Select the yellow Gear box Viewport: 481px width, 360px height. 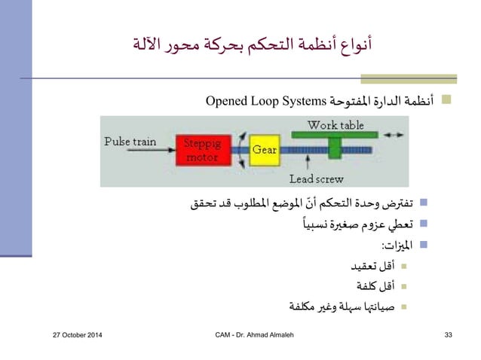click(263, 150)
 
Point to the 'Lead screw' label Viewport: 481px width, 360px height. click(317, 179)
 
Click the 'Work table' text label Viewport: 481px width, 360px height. click(335, 124)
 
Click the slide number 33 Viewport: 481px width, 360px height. click(448, 334)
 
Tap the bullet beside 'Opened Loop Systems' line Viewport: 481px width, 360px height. click(446, 100)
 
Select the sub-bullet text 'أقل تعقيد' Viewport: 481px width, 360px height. click(375, 267)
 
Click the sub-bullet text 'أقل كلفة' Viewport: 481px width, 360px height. click(377, 286)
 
